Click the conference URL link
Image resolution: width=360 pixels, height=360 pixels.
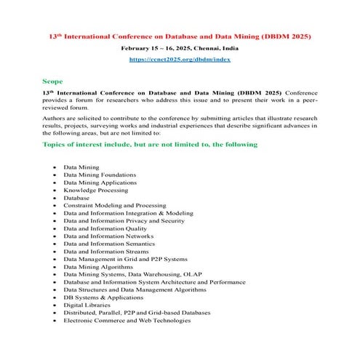pos(180,59)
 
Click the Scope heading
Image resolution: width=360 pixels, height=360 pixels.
pos(52,81)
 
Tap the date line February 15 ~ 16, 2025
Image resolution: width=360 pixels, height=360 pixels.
pos(180,47)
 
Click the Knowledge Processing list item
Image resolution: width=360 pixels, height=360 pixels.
pos(95,190)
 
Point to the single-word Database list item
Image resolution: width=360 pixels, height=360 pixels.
pos(76,198)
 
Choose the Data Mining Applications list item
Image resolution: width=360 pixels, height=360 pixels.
pos(99,183)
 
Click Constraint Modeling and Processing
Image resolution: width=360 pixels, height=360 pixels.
pos(115,205)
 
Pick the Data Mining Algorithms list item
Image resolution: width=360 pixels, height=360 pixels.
pos(97,266)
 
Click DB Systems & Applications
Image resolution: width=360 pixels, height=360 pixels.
pos(103,297)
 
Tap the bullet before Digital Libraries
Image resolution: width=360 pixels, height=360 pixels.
pos(55,305)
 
